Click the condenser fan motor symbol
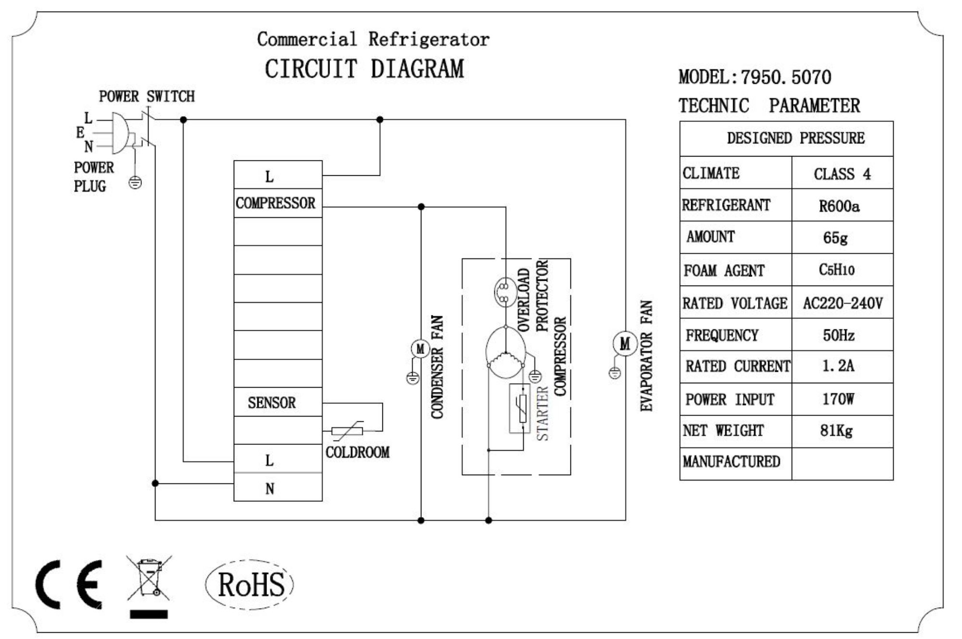(420, 349)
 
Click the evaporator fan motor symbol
(624, 344)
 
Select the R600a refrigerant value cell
(842, 206)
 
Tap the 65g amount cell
(842, 238)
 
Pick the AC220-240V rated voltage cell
(842, 303)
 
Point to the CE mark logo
(69, 585)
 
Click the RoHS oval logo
(250, 585)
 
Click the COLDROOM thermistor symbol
(347, 431)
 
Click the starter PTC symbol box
(520, 408)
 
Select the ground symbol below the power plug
(136, 183)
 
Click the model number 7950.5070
(786, 78)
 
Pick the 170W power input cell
(842, 399)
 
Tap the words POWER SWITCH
(147, 97)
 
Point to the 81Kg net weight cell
(842, 430)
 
